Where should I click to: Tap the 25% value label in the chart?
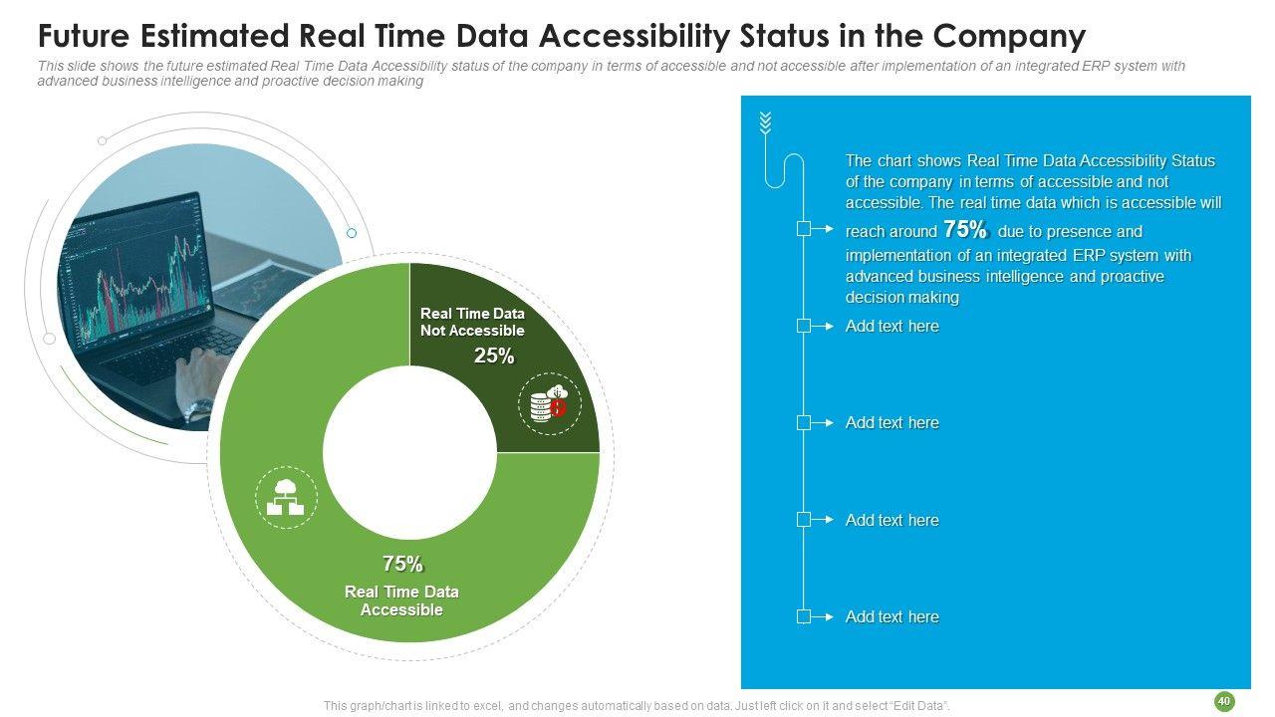(x=494, y=357)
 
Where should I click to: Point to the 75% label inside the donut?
(x=402, y=564)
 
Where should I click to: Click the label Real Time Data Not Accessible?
(x=472, y=322)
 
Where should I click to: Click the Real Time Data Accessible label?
(x=401, y=600)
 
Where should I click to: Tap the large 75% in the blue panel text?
(x=964, y=230)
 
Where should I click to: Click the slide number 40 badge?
(x=1224, y=702)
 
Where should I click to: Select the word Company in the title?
(x=1010, y=37)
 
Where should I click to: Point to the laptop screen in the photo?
(x=129, y=259)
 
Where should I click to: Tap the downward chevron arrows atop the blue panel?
(x=765, y=123)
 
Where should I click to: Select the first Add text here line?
(x=892, y=326)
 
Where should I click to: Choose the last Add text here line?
(x=892, y=616)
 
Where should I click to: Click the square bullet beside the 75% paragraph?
(x=804, y=229)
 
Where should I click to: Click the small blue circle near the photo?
(x=351, y=233)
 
